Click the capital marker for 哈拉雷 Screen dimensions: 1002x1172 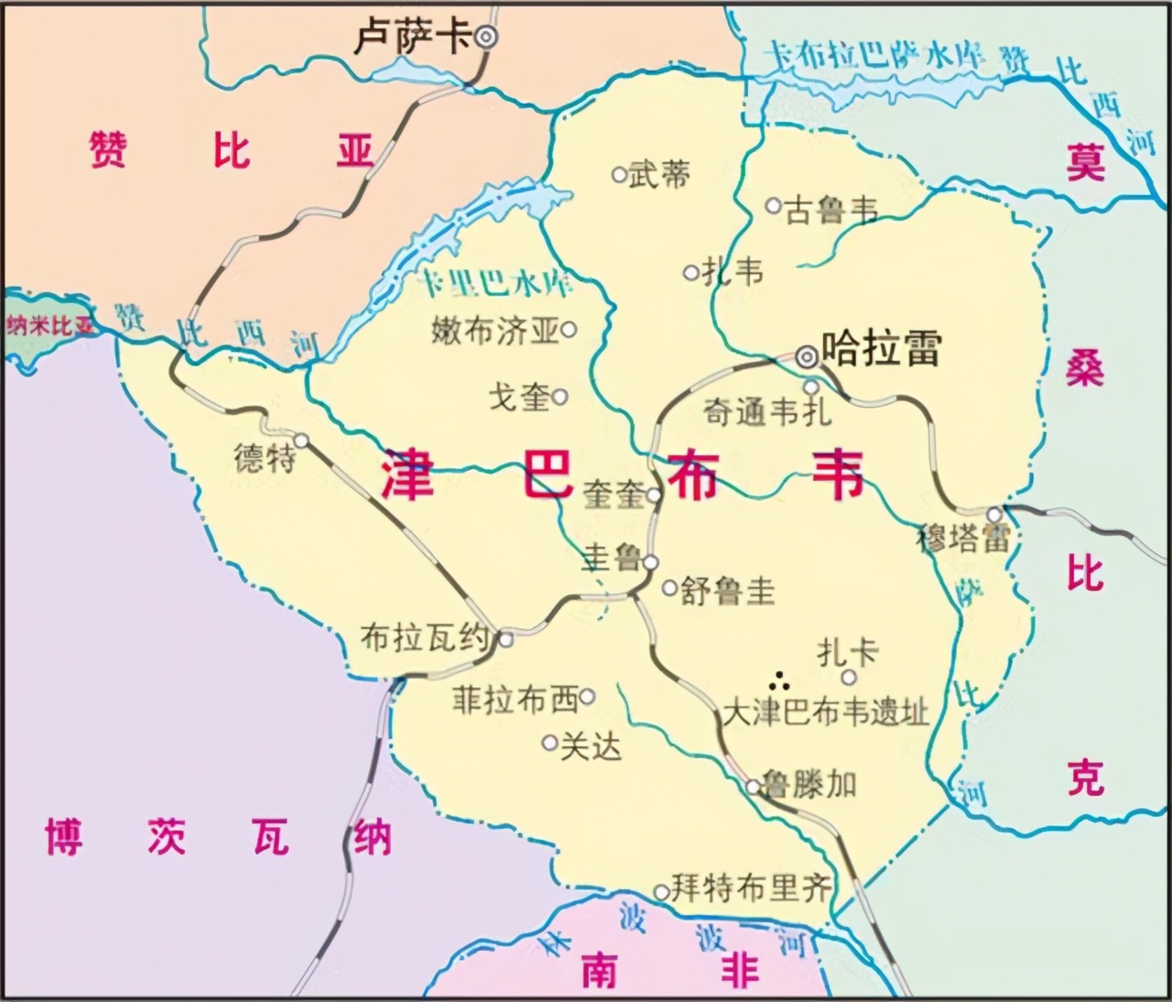[807, 357]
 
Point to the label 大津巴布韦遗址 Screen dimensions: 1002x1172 [826, 713]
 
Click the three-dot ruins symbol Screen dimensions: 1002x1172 [780, 681]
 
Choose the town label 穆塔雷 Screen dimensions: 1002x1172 [962, 539]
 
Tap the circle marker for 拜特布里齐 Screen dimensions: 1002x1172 [661, 891]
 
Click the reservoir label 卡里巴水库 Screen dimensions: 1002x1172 [495, 285]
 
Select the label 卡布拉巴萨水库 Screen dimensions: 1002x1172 [875, 57]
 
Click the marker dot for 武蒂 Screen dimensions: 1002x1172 [620, 174]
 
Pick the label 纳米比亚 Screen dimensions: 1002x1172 [50, 325]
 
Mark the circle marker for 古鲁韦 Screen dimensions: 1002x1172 [774, 205]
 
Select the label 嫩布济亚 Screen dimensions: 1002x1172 [494, 331]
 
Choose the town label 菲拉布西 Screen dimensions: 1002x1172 [515, 700]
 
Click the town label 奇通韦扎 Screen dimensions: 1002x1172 [767, 412]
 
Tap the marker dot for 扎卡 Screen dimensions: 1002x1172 [849, 677]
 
